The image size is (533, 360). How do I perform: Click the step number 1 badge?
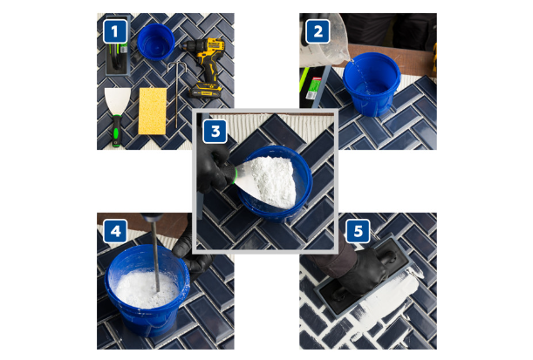115,31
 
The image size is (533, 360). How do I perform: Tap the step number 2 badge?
318,31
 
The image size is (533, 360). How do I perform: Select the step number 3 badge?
215,131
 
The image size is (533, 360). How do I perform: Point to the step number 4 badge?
115,231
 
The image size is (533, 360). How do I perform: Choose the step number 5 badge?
358,231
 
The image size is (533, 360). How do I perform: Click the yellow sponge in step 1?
153,111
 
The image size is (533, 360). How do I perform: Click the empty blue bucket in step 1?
156,42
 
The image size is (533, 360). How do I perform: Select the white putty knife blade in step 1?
117,101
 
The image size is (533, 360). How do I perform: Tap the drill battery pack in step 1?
206,90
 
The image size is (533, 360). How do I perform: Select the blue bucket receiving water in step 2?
372,84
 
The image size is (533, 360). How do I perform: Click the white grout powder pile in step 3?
272,180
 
